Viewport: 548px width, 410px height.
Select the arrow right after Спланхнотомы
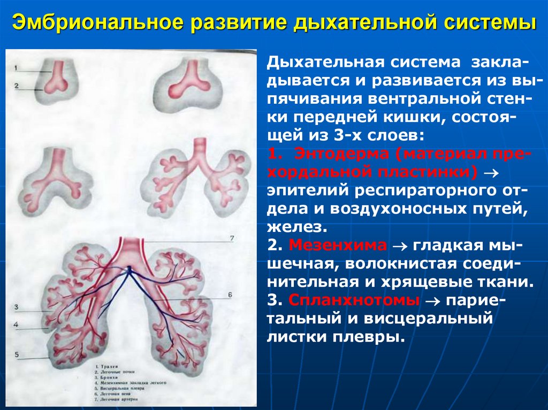pos(431,301)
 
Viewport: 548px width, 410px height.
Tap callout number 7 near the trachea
pos(231,238)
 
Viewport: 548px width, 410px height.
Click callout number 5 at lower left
pos(17,354)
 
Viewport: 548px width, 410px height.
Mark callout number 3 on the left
pos(17,307)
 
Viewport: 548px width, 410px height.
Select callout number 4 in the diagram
pos(17,324)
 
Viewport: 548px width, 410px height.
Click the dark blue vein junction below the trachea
pos(128,269)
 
